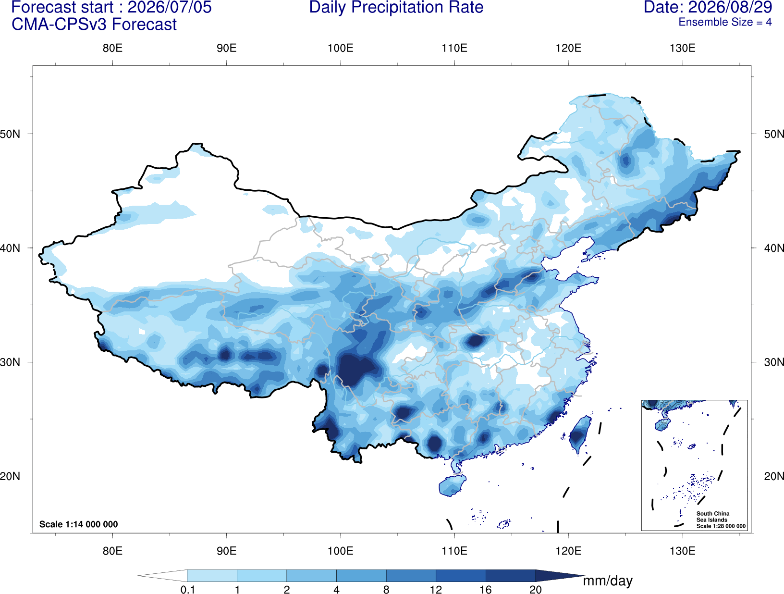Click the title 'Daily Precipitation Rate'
[x=396, y=7]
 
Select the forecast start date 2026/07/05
[x=170, y=7]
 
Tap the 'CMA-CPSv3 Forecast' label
[x=94, y=25]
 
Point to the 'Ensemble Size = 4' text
[x=725, y=22]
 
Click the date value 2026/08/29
[x=730, y=7]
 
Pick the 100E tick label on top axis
[x=341, y=48]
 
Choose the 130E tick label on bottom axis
[x=682, y=551]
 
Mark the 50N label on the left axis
[x=10, y=134]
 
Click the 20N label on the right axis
[x=774, y=476]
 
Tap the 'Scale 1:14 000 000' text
[x=79, y=524]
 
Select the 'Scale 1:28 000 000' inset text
[x=721, y=526]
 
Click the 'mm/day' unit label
[x=608, y=581]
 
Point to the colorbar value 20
[x=536, y=589]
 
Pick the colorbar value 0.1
[x=187, y=589]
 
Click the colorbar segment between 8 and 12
[x=411, y=575]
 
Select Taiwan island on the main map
[x=578, y=434]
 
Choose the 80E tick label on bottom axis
[x=112, y=551]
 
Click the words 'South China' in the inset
[x=713, y=514]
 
